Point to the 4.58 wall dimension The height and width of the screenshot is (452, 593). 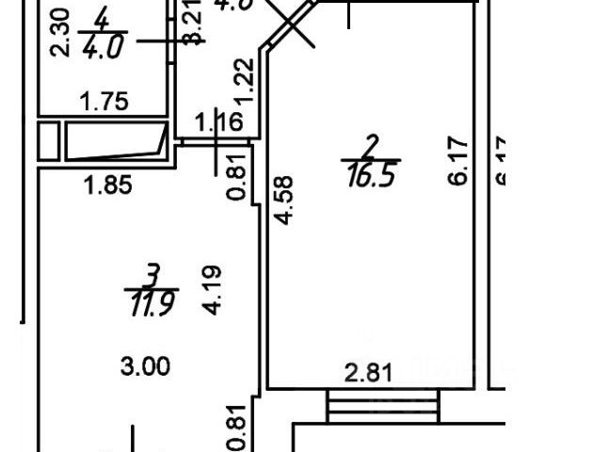284,201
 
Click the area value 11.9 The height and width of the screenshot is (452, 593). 150,305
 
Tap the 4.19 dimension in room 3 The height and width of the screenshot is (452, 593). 210,290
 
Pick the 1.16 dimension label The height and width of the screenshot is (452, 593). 218,121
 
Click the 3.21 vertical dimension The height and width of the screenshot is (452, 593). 192,26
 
